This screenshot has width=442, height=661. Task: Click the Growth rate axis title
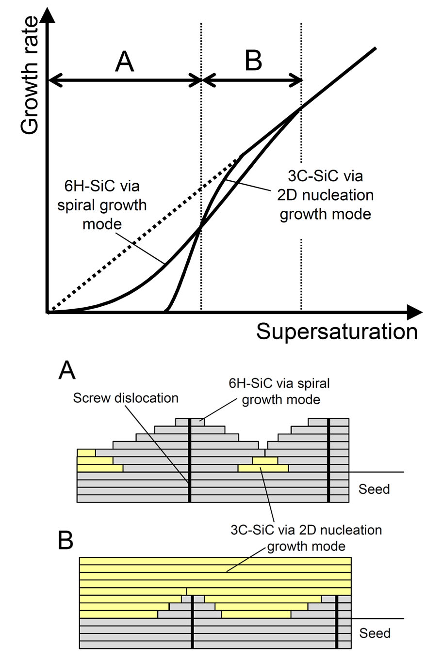coord(30,75)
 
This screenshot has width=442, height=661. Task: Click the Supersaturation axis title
coord(337,332)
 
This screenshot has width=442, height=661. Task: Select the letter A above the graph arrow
coord(125,62)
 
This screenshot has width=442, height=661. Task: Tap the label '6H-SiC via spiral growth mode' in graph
coord(102,205)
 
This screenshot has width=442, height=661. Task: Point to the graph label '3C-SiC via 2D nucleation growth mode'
coord(325,195)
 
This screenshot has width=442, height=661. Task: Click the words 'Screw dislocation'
coord(126,398)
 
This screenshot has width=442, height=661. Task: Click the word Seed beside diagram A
coord(374,489)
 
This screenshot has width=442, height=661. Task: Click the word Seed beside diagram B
coord(375,633)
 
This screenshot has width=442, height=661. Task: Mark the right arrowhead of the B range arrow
coord(296,80)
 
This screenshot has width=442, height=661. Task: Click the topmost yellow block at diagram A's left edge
coord(86,453)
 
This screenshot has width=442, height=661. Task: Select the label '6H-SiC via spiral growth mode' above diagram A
coord(279,392)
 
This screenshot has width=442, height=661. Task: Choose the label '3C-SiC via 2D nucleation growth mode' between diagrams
coord(306,538)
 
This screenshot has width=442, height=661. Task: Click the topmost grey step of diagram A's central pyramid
coord(190,422)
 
